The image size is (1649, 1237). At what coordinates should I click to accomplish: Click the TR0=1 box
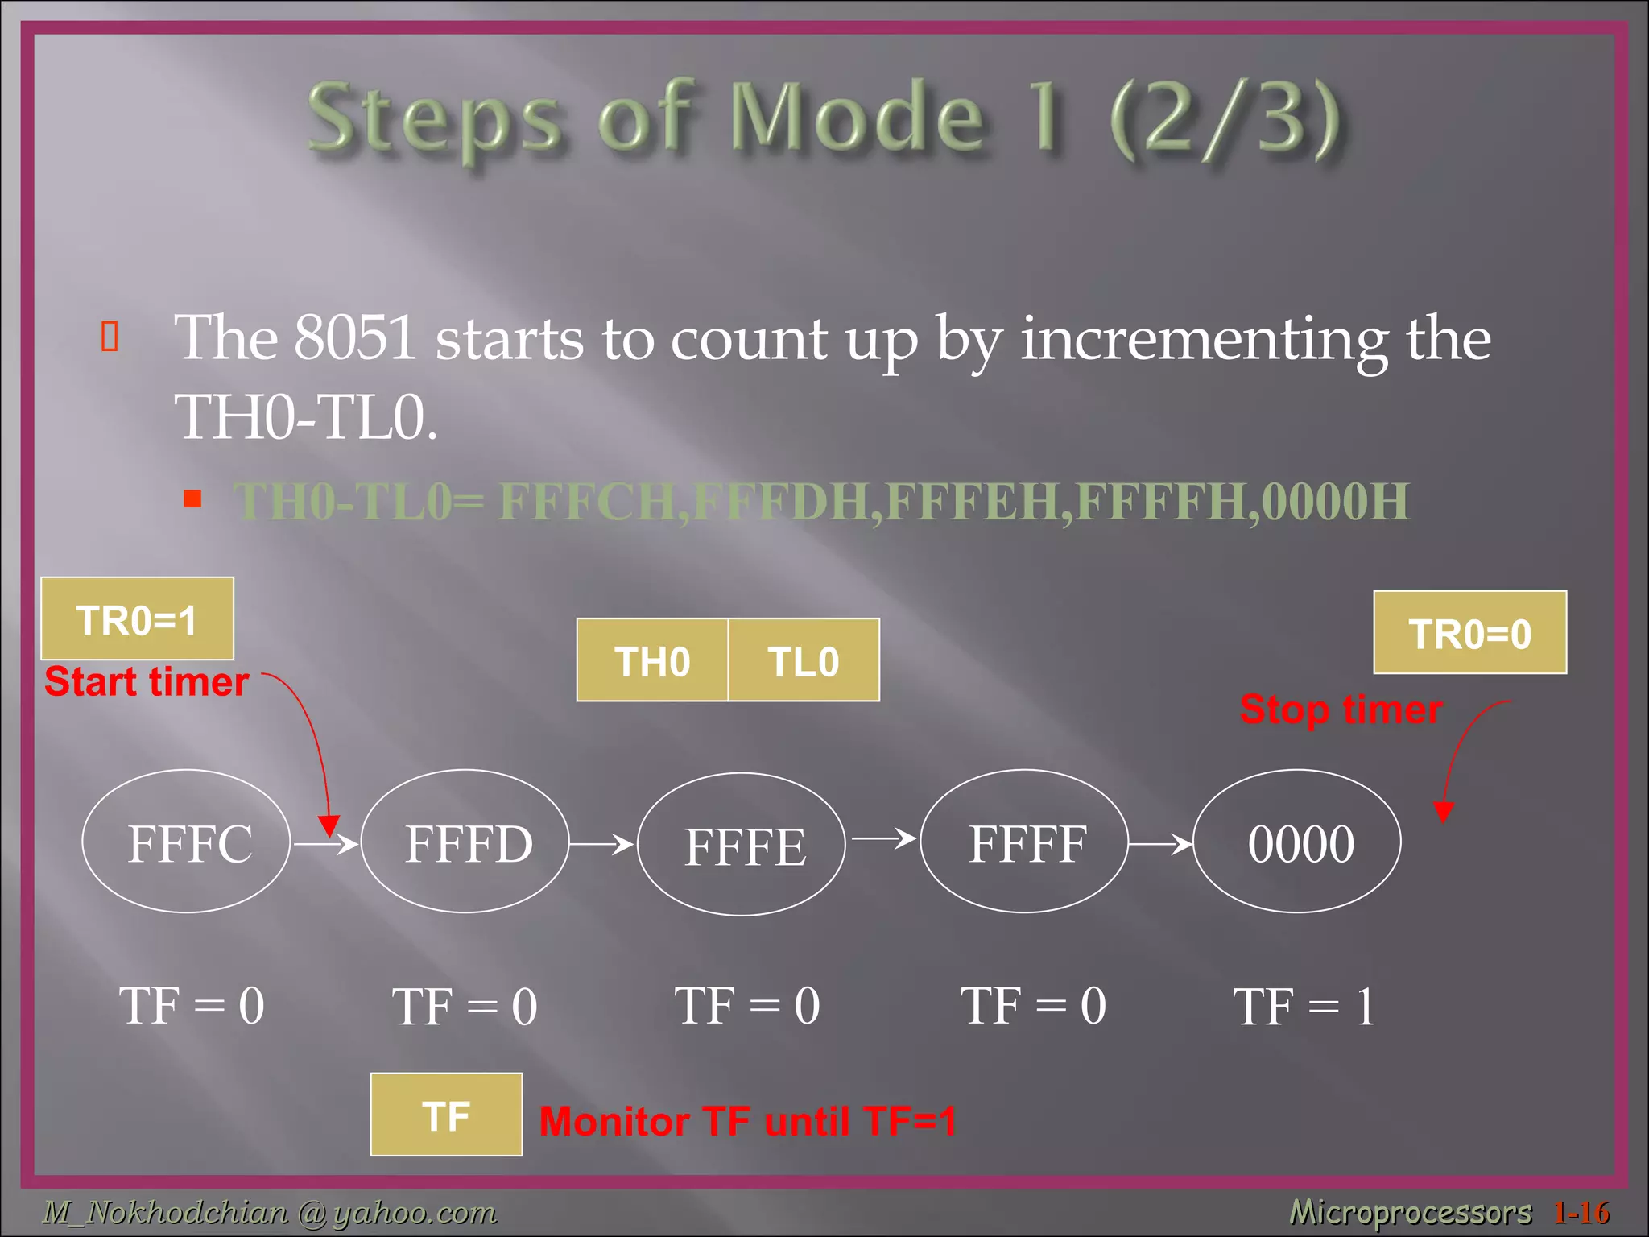(137, 619)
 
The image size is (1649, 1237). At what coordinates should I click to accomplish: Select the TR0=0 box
(1469, 633)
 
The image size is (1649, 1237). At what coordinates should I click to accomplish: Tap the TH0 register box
(652, 660)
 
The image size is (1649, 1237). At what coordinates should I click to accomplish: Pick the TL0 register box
(804, 660)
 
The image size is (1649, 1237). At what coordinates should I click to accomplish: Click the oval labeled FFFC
(187, 842)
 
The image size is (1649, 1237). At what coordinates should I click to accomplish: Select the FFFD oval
(465, 842)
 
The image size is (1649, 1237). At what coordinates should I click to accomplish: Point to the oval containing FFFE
(742, 845)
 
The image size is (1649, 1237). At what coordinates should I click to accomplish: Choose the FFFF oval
(1024, 842)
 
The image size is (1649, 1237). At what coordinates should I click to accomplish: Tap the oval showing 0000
(1298, 842)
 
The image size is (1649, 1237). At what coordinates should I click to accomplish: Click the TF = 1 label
(1304, 1007)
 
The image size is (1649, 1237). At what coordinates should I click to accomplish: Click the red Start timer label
(146, 682)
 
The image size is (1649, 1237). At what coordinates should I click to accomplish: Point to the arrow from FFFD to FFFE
(601, 844)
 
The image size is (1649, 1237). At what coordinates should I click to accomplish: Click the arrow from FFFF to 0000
(1159, 844)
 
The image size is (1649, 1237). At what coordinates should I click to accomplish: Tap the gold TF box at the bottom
(446, 1115)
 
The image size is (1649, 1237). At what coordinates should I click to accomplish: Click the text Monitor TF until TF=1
(747, 1121)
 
